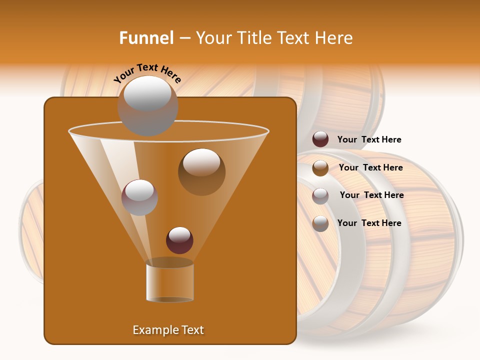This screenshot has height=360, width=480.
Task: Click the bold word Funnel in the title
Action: tap(146, 38)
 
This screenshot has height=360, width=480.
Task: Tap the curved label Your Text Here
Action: tap(147, 73)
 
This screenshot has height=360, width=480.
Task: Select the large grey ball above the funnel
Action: tap(147, 106)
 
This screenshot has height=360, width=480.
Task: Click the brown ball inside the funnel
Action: tap(201, 172)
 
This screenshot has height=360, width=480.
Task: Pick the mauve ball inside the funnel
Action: tap(139, 197)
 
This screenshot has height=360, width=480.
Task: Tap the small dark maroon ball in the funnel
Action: tap(179, 240)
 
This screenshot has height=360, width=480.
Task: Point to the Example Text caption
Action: tap(168, 330)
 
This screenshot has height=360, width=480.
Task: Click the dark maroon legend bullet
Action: tap(320, 139)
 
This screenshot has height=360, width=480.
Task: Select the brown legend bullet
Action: tap(320, 167)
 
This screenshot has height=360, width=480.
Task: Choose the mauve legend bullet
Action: tap(320, 195)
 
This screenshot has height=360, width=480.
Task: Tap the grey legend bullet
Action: tap(320, 223)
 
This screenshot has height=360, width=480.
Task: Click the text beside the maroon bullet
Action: tap(369, 139)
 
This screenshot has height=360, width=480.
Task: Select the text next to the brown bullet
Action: tap(370, 167)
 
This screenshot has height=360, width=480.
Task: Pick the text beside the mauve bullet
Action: tap(371, 195)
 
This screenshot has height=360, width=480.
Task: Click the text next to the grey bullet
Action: tap(369, 223)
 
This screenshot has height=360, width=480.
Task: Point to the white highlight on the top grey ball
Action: tap(147, 93)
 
